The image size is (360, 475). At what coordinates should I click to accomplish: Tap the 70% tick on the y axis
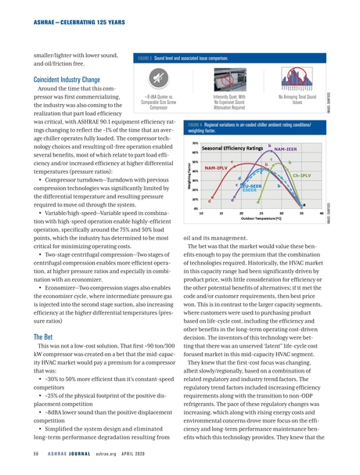point(193,143)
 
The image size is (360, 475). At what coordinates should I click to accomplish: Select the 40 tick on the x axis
point(322,212)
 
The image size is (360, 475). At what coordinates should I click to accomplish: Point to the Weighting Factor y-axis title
point(188,175)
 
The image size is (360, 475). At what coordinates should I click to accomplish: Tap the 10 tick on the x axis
point(202,212)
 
